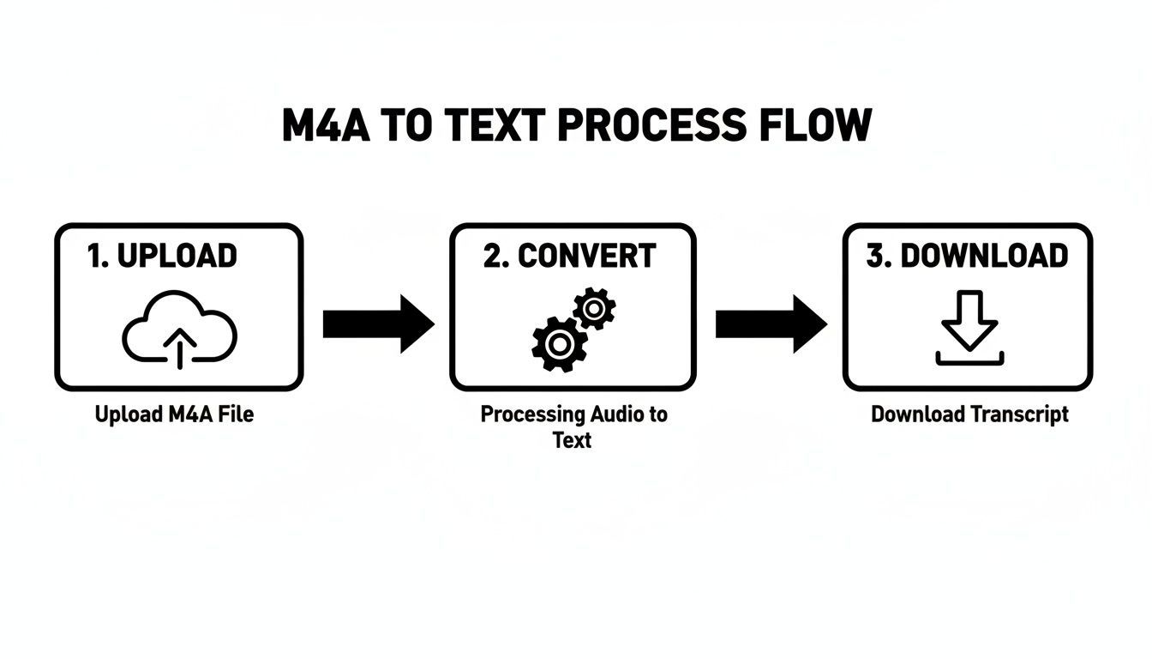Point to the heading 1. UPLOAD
click(x=162, y=256)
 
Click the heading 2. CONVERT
click(x=569, y=256)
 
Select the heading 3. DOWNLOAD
click(x=967, y=256)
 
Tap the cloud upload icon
click(x=179, y=330)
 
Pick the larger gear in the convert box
click(x=559, y=344)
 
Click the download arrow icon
click(x=969, y=319)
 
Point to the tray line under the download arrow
click(x=969, y=362)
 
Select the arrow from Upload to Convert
click(x=377, y=324)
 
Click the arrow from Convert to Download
click(x=770, y=324)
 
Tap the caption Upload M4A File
click(x=174, y=414)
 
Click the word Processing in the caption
click(x=532, y=414)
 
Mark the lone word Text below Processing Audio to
click(x=572, y=441)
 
